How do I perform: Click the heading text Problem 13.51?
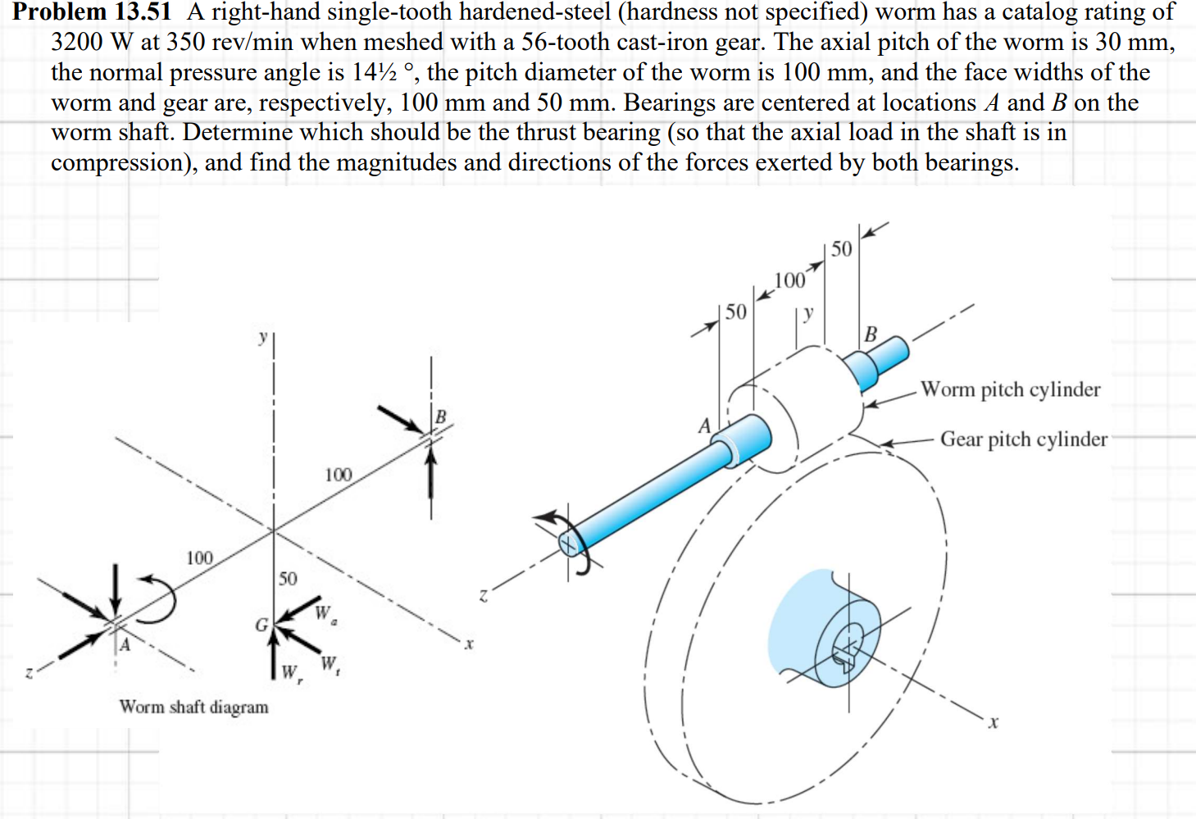pos(92,11)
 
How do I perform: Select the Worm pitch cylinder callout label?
pos(1010,389)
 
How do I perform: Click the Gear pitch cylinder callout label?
pos(1023,439)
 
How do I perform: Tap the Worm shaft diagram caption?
pos(193,707)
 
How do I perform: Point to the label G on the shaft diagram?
pos(261,626)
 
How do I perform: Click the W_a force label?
pos(325,614)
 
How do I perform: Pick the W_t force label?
pos(330,664)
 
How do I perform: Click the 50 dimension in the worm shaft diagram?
pos(288,579)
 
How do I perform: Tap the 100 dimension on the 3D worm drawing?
pos(789,281)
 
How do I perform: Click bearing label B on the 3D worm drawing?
pos(871,334)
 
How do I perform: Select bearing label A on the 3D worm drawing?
pos(704,426)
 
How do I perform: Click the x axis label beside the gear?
pos(994,722)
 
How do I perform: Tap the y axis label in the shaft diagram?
pos(262,337)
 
